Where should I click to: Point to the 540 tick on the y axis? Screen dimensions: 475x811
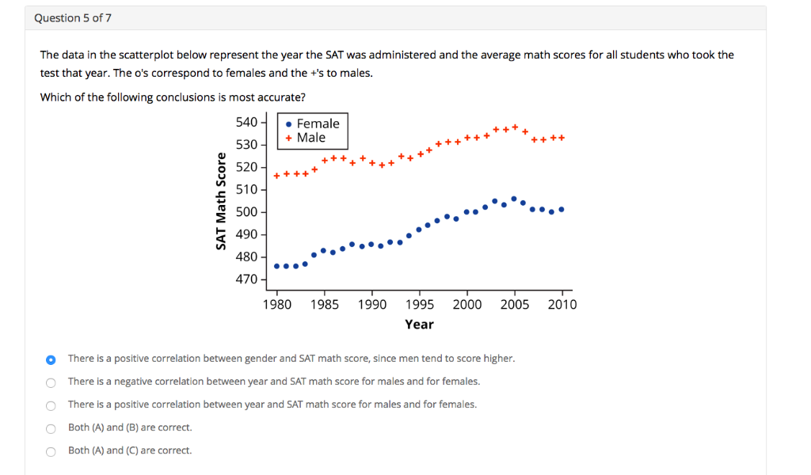coord(246,122)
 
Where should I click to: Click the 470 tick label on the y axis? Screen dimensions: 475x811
coord(246,279)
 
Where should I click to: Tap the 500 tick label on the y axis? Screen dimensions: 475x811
coord(246,212)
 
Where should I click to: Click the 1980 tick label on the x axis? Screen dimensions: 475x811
coord(276,305)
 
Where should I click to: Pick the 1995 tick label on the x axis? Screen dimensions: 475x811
coord(419,305)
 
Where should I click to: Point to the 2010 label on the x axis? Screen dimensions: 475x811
coord(562,305)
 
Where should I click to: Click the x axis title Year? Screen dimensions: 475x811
coord(419,325)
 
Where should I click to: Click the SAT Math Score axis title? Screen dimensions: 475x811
coord(222,200)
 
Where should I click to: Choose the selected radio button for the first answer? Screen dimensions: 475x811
coord(51,359)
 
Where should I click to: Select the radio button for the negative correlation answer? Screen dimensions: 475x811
coord(51,382)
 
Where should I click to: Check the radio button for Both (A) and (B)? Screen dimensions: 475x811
coord(51,428)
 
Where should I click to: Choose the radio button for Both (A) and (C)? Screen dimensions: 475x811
coord(51,451)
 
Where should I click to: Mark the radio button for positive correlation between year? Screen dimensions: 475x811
coord(51,405)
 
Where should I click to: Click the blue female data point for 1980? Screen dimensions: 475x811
coord(276,266)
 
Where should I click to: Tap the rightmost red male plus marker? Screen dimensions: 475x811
coord(562,138)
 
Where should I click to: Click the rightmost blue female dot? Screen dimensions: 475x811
coord(562,210)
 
